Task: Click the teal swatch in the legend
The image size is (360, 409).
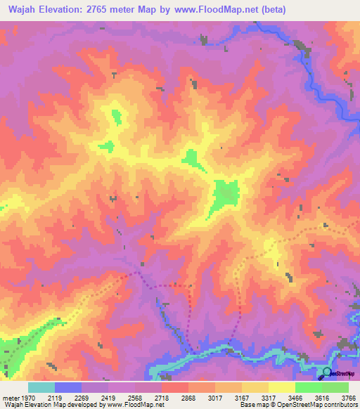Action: [41, 387]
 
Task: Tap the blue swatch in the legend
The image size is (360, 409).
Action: [68, 387]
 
